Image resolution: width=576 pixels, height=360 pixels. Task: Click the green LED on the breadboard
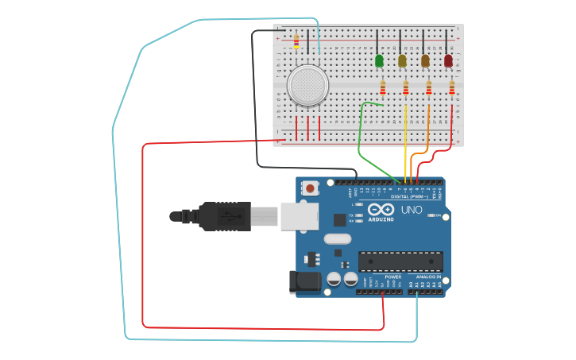click(379, 60)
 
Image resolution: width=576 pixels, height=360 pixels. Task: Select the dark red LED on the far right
click(448, 60)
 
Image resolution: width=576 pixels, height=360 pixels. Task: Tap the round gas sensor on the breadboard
click(307, 85)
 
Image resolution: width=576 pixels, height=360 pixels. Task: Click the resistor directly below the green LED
click(383, 87)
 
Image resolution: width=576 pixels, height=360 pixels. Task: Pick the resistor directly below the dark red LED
click(452, 87)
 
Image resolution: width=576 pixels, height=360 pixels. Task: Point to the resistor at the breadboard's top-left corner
click(296, 41)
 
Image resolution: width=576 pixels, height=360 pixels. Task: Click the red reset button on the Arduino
click(309, 188)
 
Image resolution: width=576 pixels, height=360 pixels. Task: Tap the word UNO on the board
click(412, 210)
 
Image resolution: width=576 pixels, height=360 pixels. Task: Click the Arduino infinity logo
click(381, 210)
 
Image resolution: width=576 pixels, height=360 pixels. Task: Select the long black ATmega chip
click(400, 261)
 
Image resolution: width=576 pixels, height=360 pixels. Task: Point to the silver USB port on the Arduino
click(300, 215)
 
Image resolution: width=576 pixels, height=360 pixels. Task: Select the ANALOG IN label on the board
click(429, 277)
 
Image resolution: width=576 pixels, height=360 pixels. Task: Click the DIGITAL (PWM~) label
click(408, 195)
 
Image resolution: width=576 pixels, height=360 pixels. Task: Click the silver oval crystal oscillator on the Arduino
click(337, 238)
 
